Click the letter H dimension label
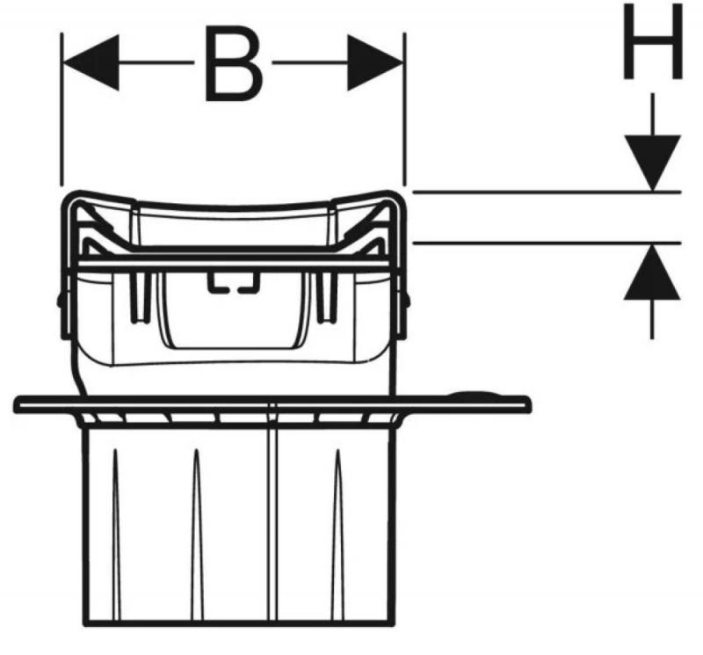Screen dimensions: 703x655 coord(653,41)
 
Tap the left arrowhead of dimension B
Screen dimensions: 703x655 coord(91,62)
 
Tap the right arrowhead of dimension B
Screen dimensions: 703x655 coord(375,62)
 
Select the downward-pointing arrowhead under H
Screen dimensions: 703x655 coord(653,163)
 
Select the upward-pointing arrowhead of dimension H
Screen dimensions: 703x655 coord(652,272)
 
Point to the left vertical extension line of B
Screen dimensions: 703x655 coord(62,109)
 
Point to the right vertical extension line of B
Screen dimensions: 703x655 coord(405,109)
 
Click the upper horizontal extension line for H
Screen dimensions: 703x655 coord(547,192)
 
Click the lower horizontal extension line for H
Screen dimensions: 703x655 coord(547,243)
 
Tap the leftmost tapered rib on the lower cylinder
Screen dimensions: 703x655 coord(116,534)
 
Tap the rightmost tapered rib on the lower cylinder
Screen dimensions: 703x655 coord(338,534)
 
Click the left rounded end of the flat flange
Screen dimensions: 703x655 coord(18,404)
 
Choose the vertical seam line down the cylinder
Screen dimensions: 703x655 coord(272,512)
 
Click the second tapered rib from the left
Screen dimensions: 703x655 coord(196,534)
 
